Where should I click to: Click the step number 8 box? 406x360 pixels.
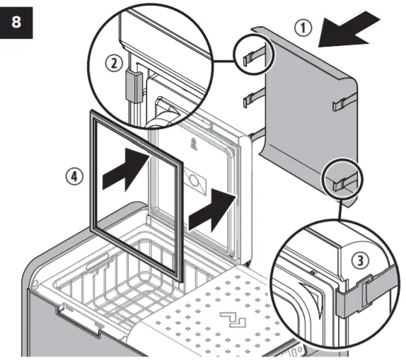(16, 22)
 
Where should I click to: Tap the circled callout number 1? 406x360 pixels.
(302, 28)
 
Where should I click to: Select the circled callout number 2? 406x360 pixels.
(113, 62)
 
